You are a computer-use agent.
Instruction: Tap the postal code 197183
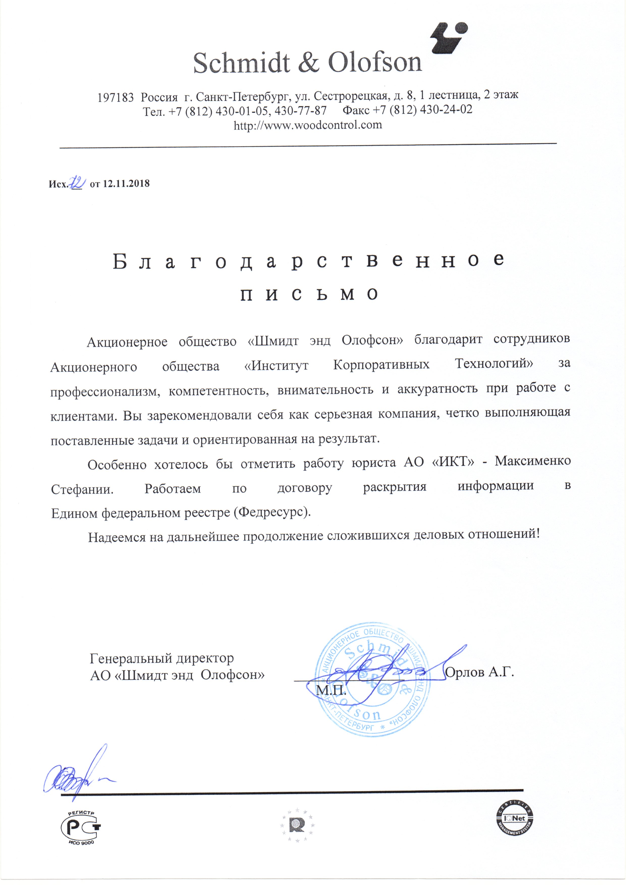tap(115, 97)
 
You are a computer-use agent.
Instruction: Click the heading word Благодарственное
tap(309, 261)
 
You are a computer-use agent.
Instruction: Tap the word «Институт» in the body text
tap(276, 365)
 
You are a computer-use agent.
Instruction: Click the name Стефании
tap(82, 489)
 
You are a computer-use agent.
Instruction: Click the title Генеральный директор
tap(162, 658)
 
